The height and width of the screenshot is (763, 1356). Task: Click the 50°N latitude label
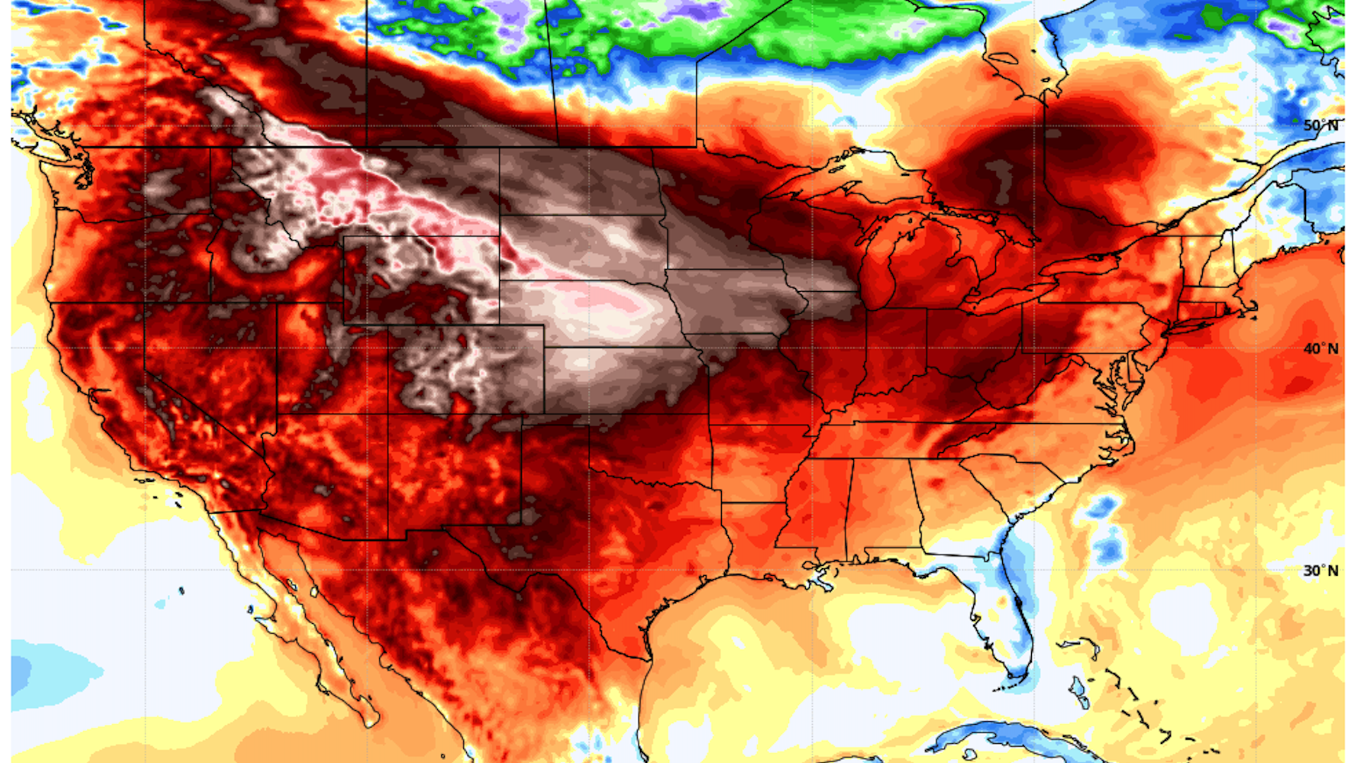(1320, 126)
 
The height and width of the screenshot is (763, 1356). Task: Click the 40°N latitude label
(1320, 349)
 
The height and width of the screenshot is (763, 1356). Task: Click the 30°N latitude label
(1320, 571)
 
